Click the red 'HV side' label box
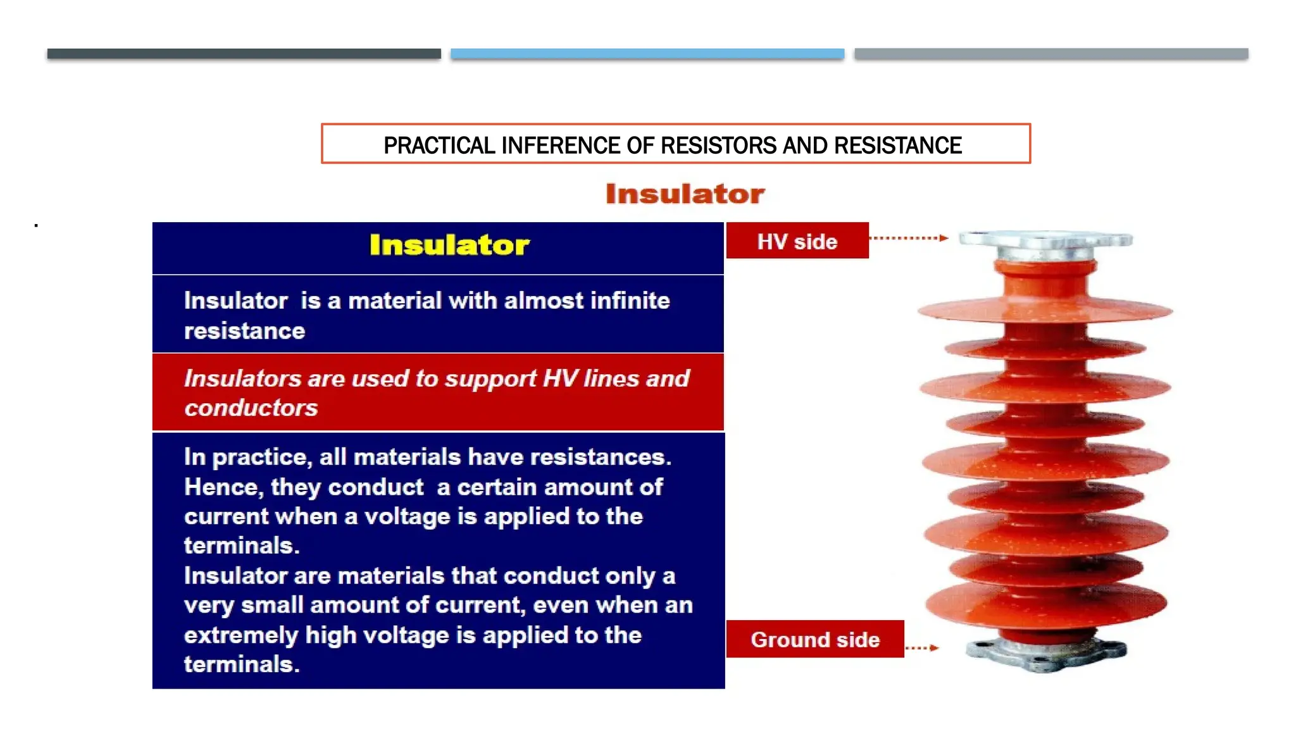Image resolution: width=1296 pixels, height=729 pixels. (x=797, y=240)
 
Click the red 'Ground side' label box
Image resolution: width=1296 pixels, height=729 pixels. (x=814, y=639)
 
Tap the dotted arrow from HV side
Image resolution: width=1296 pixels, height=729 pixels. (x=908, y=238)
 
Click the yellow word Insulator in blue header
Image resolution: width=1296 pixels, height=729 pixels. (x=449, y=246)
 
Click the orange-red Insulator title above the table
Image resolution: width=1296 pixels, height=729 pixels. (x=685, y=194)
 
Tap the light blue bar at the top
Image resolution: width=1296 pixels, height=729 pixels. (x=647, y=54)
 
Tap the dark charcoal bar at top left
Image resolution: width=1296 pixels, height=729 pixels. (x=244, y=54)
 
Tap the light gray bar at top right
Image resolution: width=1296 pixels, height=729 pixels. (x=1050, y=54)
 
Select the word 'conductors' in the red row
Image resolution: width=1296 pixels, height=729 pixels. (x=251, y=408)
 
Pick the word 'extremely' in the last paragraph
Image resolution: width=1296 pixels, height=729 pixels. (x=240, y=635)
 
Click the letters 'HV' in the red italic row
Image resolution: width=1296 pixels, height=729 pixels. (x=559, y=378)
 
